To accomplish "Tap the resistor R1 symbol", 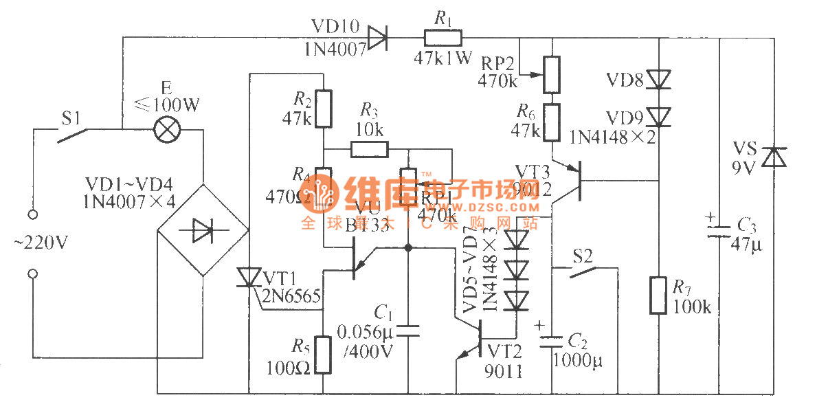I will pyautogui.click(x=443, y=38).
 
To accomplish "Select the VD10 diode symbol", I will pyautogui.click(x=377, y=38).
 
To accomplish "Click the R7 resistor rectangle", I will pyautogui.click(x=659, y=295).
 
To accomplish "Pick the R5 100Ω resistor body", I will pyautogui.click(x=322, y=355).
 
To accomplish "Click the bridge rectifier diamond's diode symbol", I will pyautogui.click(x=202, y=230).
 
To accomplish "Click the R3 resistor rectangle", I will pyautogui.click(x=369, y=149).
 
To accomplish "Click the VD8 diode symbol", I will pyautogui.click(x=659, y=79).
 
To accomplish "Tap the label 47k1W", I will pyautogui.click(x=443, y=58).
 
